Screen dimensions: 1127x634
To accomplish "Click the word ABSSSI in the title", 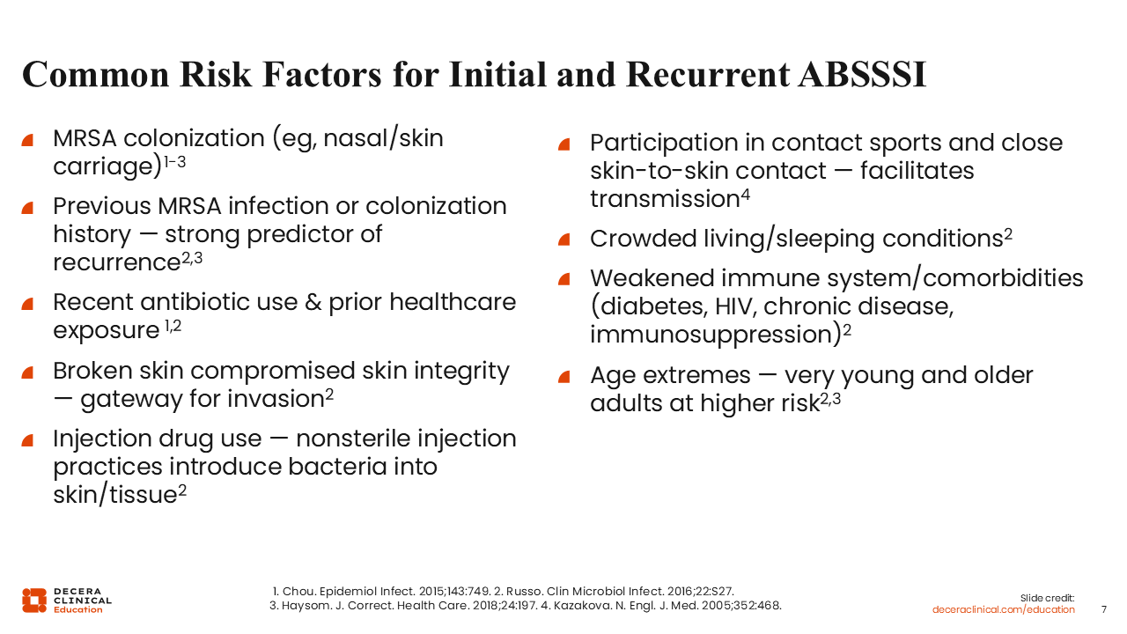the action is pyautogui.click(x=862, y=75).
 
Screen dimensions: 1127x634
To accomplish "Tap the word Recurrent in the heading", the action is pyautogui.click(x=709, y=75).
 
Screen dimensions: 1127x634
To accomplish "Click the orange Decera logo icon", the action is pyautogui.click(x=34, y=601).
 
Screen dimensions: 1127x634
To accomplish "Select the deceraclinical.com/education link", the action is pyautogui.click(x=1003, y=609).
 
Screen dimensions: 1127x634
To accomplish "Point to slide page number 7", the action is pyautogui.click(x=1104, y=609).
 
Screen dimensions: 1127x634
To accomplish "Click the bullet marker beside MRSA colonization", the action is pyautogui.click(x=27, y=140).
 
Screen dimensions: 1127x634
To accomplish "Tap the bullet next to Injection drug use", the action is pyautogui.click(x=27, y=440).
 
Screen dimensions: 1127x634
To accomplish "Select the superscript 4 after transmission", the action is pyautogui.click(x=745, y=195).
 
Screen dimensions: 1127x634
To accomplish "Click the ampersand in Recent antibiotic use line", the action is pyautogui.click(x=313, y=302).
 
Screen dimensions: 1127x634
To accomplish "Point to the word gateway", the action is pyautogui.click(x=131, y=400).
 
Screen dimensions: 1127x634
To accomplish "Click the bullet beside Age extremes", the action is pyautogui.click(x=564, y=377).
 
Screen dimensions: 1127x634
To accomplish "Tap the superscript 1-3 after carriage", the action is pyautogui.click(x=175, y=162).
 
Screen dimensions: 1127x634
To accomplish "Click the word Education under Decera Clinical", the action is pyautogui.click(x=78, y=610).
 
